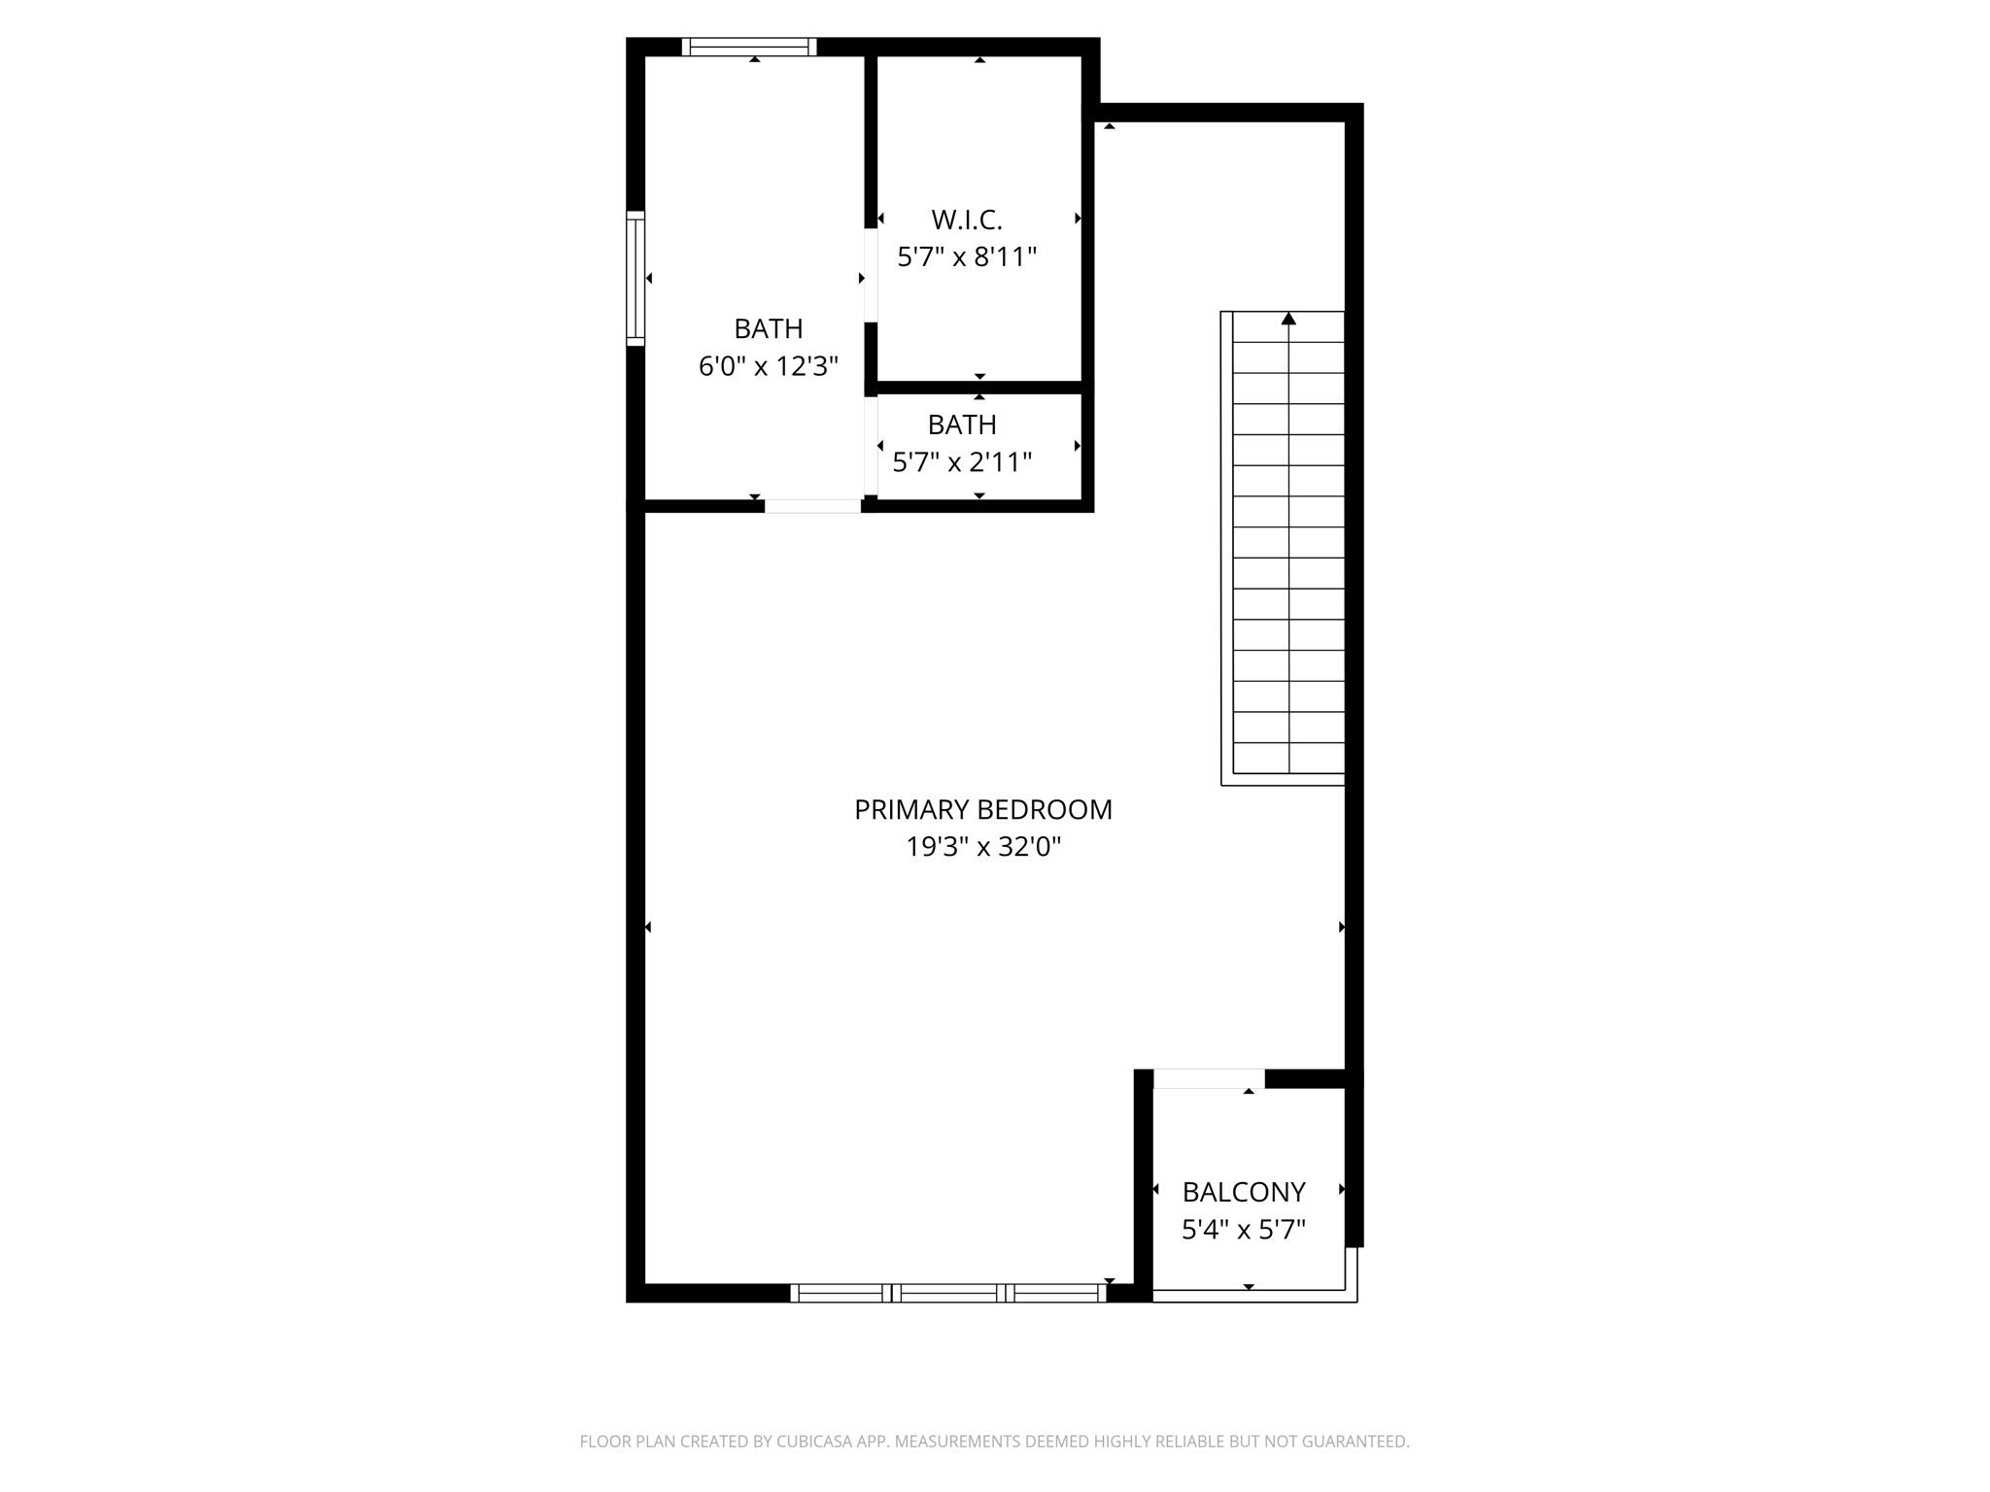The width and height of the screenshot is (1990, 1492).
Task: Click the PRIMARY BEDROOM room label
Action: [x=982, y=809]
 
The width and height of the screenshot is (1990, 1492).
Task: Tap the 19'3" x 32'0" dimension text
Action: [x=982, y=847]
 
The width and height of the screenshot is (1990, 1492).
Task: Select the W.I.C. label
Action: [x=966, y=220]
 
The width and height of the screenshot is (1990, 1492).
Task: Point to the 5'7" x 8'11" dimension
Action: [x=966, y=257]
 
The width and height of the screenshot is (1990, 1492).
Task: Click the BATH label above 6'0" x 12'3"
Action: [x=768, y=328]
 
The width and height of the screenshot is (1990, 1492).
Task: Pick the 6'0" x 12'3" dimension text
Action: [x=768, y=366]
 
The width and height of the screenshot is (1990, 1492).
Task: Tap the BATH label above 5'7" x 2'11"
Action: [x=961, y=424]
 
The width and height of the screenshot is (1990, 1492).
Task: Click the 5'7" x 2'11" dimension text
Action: [x=961, y=462]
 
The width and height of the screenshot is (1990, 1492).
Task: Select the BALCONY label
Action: [x=1243, y=1192]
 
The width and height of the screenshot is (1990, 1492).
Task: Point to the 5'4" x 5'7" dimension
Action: [x=1243, y=1231]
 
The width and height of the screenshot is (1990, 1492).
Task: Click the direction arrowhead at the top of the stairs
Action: [x=1288, y=319]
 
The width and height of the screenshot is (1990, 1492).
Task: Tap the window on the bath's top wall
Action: [x=748, y=47]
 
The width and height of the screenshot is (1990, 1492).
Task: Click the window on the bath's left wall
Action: [x=635, y=278]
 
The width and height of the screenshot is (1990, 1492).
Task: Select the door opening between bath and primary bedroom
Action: [x=812, y=506]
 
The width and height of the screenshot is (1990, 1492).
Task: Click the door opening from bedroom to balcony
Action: [x=1209, y=1078]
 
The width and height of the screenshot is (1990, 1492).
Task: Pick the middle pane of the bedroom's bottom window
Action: [x=948, y=1293]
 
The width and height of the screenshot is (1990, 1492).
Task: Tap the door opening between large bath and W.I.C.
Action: [x=871, y=276]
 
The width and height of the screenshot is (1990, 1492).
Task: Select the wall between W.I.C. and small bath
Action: [x=979, y=388]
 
